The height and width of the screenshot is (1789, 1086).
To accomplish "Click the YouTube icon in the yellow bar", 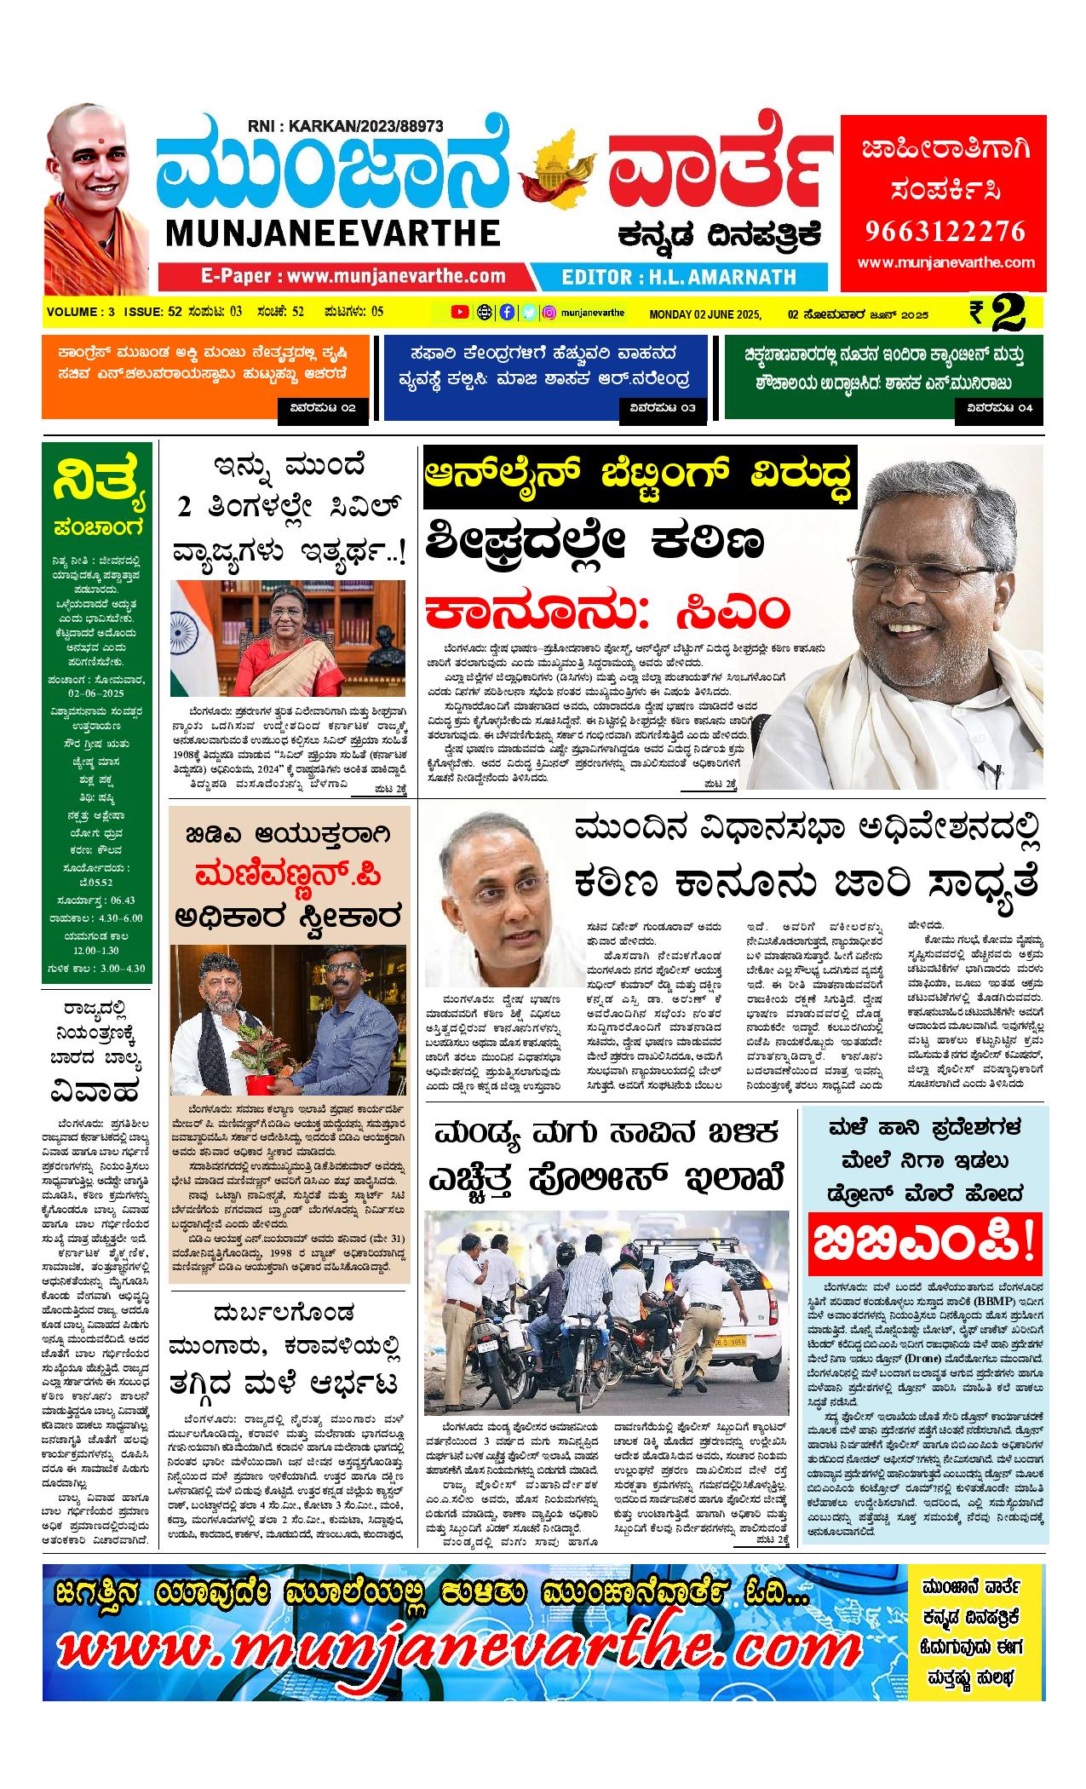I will [460, 312].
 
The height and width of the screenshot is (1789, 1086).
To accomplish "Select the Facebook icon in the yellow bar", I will [507, 312].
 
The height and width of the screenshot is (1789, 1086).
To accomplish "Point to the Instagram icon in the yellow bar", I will [550, 312].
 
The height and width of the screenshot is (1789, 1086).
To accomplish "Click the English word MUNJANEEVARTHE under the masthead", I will [333, 233].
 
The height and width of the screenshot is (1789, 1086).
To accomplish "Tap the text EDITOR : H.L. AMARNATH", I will [679, 276].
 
